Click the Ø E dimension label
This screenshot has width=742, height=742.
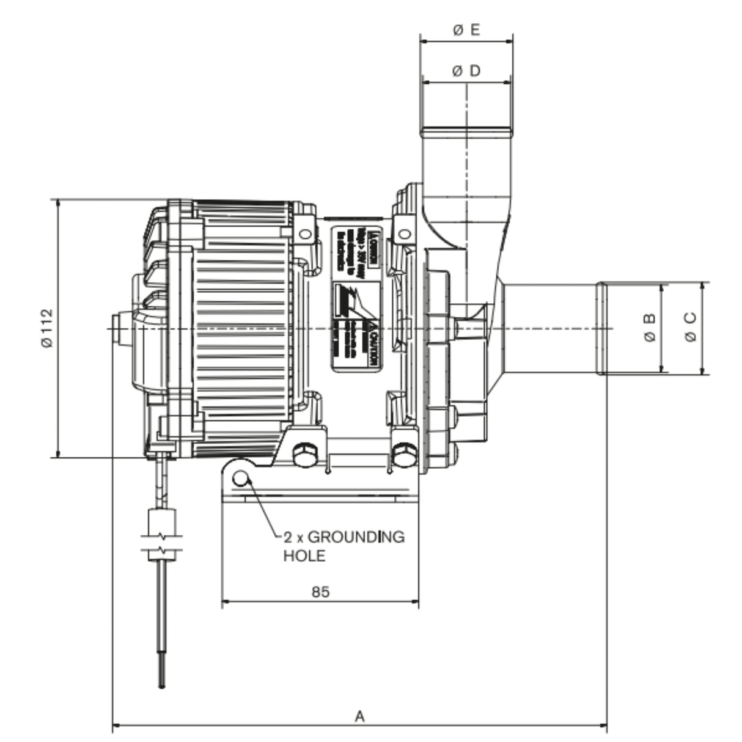pos(466,31)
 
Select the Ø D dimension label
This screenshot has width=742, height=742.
pos(466,71)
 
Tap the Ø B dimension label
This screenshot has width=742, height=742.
pos(650,328)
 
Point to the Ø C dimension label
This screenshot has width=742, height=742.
pos(690,328)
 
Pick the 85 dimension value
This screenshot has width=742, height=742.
pos(320,591)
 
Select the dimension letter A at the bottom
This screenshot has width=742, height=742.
pos(360,716)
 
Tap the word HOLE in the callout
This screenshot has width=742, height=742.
pos(304,556)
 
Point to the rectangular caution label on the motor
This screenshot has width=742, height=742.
pos(356,298)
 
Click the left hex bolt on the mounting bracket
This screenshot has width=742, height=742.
pos(305,456)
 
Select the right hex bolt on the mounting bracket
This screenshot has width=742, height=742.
pos(403,456)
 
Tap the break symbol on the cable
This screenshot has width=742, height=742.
pos(162,543)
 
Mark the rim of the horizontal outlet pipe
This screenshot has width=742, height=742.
pos(602,328)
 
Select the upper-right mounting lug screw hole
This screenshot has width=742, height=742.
pos(403,233)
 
